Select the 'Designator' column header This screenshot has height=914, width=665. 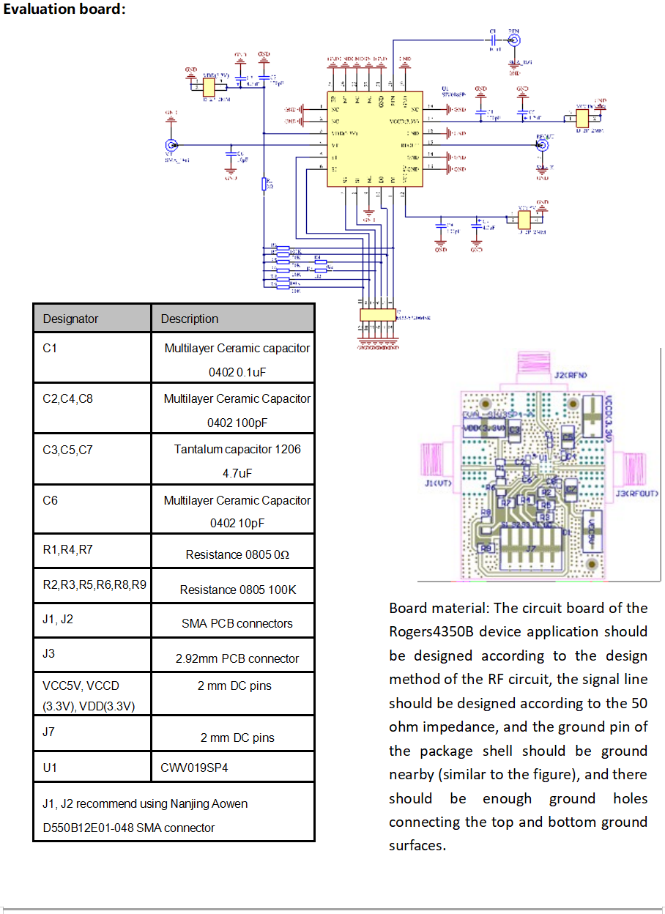pyautogui.click(x=70, y=319)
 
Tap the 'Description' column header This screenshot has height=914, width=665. pyautogui.click(x=190, y=319)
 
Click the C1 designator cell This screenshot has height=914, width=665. pyautogui.click(x=50, y=349)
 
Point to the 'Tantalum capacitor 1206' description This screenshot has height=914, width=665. pyautogui.click(x=237, y=449)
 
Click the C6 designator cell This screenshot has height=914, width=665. pyautogui.click(x=50, y=501)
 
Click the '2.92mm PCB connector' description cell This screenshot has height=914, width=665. pyautogui.click(x=237, y=658)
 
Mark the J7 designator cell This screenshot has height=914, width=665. pyautogui.click(x=48, y=732)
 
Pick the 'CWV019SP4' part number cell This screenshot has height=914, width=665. pyautogui.click(x=192, y=768)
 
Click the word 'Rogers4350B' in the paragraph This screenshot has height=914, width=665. pyautogui.click(x=433, y=631)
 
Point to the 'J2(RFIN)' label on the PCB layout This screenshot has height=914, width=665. pyautogui.click(x=571, y=375)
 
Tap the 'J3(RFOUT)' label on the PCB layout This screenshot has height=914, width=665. pyautogui.click(x=637, y=494)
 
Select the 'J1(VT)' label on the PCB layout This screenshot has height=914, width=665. pyautogui.click(x=439, y=484)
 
